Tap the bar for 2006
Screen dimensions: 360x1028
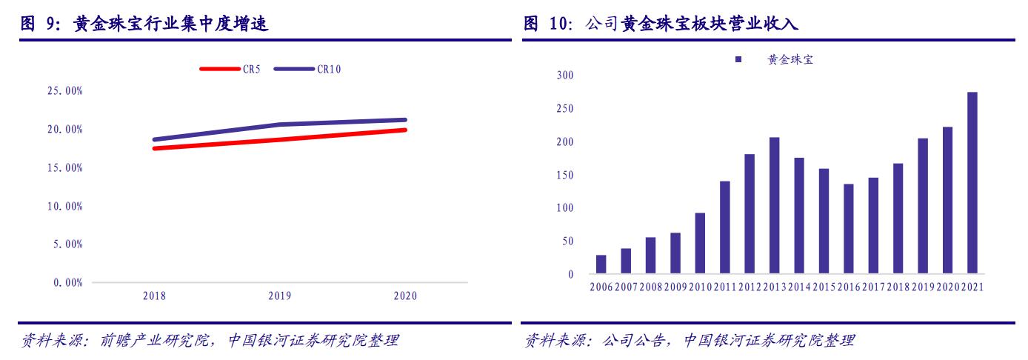pyautogui.click(x=601, y=264)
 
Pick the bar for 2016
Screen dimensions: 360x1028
pyautogui.click(x=848, y=229)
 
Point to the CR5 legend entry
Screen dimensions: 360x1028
pyautogui.click(x=230, y=69)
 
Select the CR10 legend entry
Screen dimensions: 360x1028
pyautogui.click(x=307, y=69)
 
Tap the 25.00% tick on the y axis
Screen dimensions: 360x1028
pyautogui.click(x=64, y=91)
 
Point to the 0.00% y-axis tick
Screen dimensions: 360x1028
pyautogui.click(x=67, y=282)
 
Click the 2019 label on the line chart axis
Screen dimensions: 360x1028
pyautogui.click(x=280, y=296)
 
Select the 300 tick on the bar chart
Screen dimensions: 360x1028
pyautogui.click(x=564, y=76)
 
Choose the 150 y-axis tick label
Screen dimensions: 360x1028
pyautogui.click(x=564, y=176)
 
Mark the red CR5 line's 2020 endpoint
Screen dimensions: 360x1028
pyautogui.click(x=405, y=130)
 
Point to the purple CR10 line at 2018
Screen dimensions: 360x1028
pyautogui.click(x=154, y=139)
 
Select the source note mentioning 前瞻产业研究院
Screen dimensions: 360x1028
pyautogui.click(x=208, y=341)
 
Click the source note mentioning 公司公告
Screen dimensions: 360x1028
pyautogui.click(x=689, y=341)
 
